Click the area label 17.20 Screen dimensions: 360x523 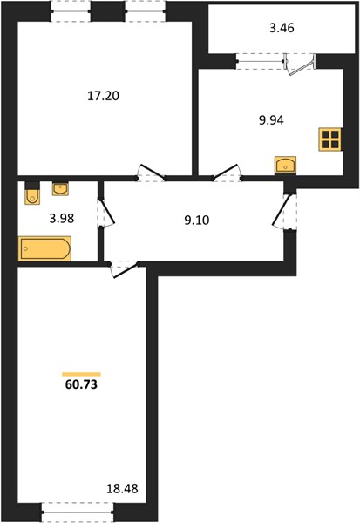(103, 96)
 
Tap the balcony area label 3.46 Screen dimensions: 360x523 (282, 28)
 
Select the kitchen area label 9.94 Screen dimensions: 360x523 (271, 120)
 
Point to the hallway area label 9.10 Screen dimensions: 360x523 (197, 221)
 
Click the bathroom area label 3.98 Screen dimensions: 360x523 (61, 219)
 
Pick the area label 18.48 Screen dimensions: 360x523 (122, 489)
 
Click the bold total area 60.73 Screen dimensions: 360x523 (81, 384)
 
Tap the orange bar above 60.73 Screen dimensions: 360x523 (81, 374)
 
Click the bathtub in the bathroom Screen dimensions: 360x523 (44, 248)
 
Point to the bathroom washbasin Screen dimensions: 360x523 (60, 189)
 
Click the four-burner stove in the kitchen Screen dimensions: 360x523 (330, 139)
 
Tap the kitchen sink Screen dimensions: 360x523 (285, 165)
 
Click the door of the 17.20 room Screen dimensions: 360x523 (152, 171)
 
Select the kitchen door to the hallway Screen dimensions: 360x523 (227, 171)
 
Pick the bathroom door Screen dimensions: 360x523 (106, 213)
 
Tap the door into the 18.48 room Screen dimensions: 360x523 (125, 269)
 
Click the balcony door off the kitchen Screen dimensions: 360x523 (300, 65)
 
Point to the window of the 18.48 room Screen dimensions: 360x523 (78, 513)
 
